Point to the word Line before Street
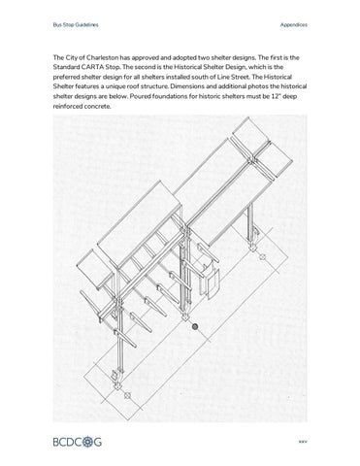point(247,83)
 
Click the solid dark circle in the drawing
point(195,328)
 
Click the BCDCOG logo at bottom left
point(82,442)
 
